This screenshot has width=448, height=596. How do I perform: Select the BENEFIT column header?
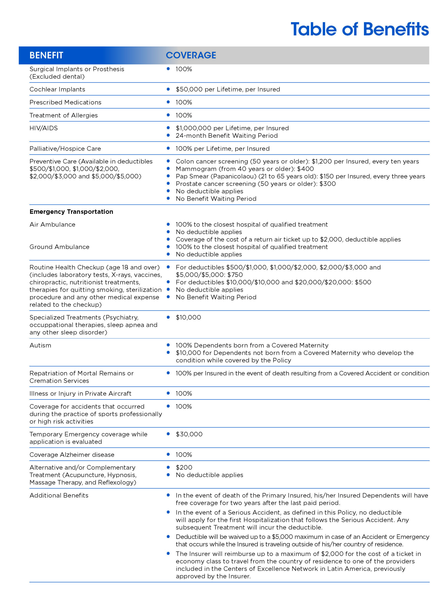click(x=46, y=55)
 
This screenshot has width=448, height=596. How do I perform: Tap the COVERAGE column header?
click(x=191, y=55)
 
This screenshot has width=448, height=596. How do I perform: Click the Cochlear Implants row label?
click(x=57, y=89)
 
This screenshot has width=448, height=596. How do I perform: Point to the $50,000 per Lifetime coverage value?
click(x=228, y=89)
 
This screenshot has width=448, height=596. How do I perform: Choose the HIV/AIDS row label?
click(x=43, y=128)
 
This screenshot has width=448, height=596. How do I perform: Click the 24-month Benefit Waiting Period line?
click(x=226, y=135)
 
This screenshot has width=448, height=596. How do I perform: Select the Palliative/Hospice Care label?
click(x=65, y=149)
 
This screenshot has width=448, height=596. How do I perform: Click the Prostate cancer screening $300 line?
click(x=256, y=184)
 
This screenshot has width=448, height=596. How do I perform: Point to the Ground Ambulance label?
click(x=59, y=247)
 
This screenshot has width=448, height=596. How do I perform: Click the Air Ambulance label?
click(x=52, y=224)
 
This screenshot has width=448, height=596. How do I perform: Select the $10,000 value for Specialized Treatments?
click(x=188, y=317)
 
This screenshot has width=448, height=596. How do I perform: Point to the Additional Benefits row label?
click(x=59, y=495)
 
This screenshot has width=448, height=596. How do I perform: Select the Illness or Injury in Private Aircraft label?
click(x=80, y=393)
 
